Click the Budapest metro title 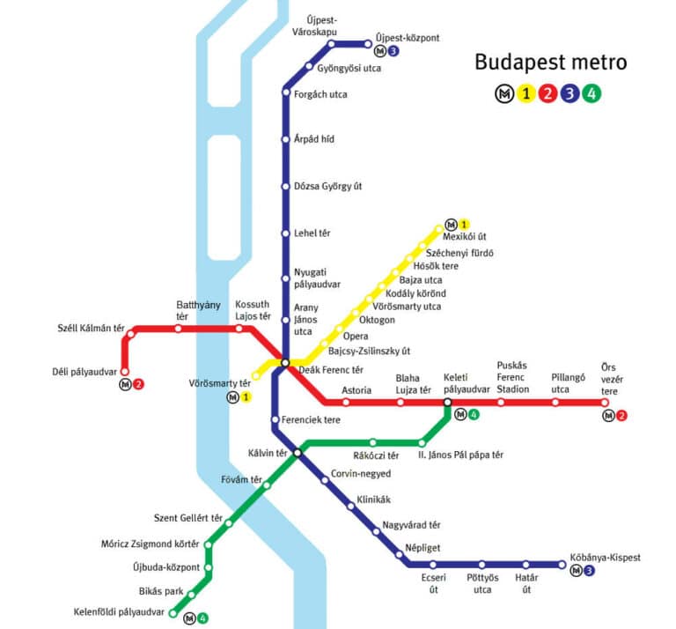550,63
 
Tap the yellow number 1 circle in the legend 526,93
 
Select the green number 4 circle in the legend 594,93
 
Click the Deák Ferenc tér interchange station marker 285,362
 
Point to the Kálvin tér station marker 298,453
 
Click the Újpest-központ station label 407,38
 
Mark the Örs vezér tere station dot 605,403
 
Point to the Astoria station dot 346,403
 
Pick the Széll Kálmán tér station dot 131,334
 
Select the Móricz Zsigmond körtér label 151,544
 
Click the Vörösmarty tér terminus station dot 256,376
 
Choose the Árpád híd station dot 285,139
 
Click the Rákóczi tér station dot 373,442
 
